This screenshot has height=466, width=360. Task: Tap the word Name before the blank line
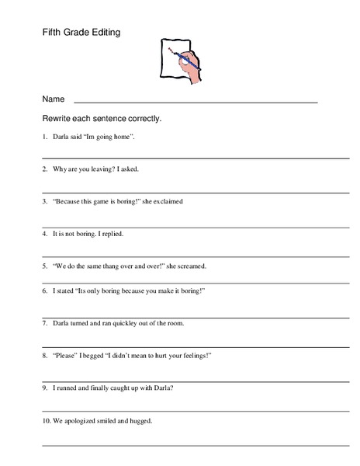point(53,99)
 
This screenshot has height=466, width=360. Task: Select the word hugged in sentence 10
point(139,420)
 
